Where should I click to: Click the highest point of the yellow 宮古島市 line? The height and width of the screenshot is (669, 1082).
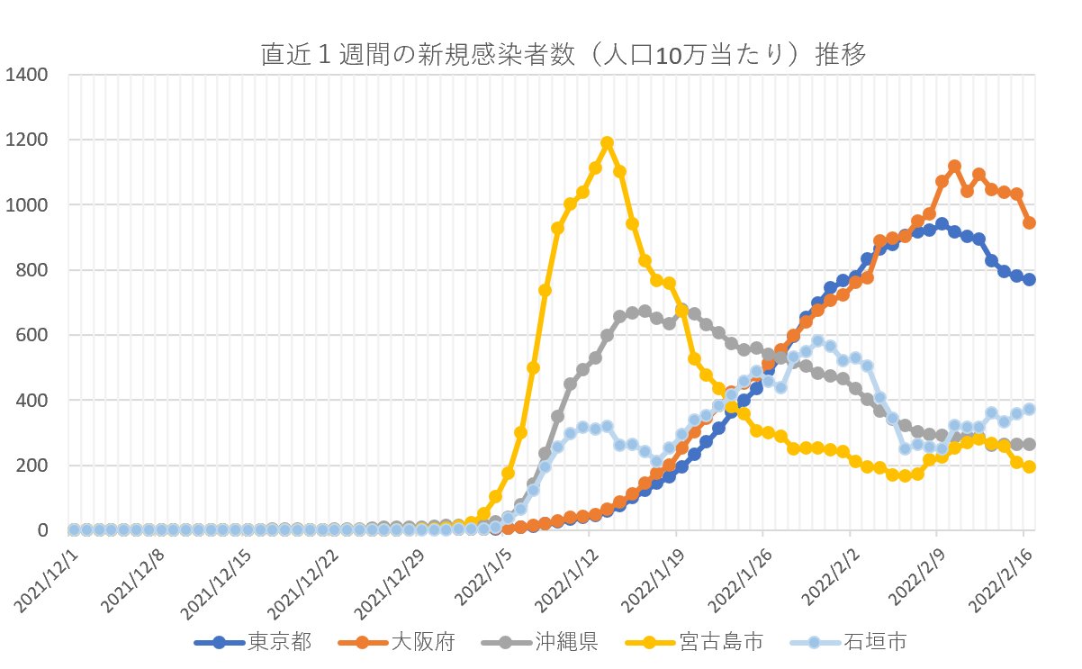[x=607, y=142]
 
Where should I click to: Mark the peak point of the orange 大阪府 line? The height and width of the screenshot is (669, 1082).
[x=954, y=167]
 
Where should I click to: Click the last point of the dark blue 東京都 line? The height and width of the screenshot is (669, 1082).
[x=1029, y=279]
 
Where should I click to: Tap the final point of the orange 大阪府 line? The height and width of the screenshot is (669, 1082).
[x=1029, y=222]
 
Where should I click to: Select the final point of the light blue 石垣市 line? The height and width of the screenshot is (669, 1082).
[x=1029, y=409]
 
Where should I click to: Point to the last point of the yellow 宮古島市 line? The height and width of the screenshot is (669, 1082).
[x=1029, y=466]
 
